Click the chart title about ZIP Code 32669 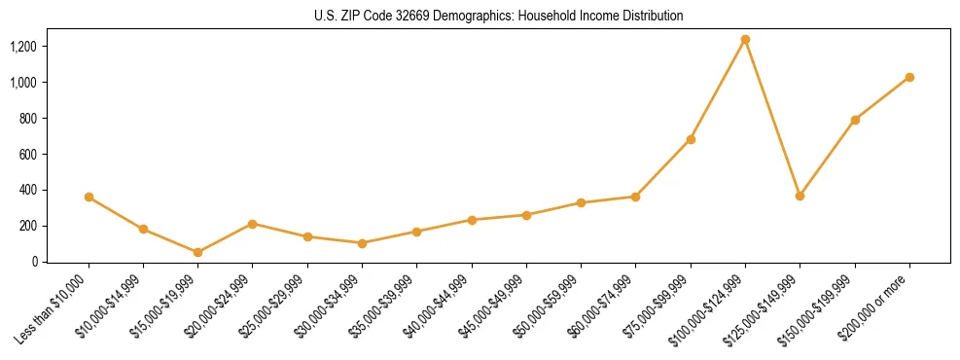[x=499, y=17]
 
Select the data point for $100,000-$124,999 [x=745, y=40]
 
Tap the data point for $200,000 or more [x=909, y=77]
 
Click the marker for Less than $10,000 [x=89, y=197]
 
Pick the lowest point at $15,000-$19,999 [x=198, y=252]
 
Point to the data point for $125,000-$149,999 [x=800, y=196]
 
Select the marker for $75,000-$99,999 [x=691, y=139]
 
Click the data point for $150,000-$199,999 [x=855, y=120]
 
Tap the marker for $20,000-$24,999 [x=253, y=224]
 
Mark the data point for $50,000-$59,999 [x=581, y=202]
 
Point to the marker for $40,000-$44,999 [x=472, y=220]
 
